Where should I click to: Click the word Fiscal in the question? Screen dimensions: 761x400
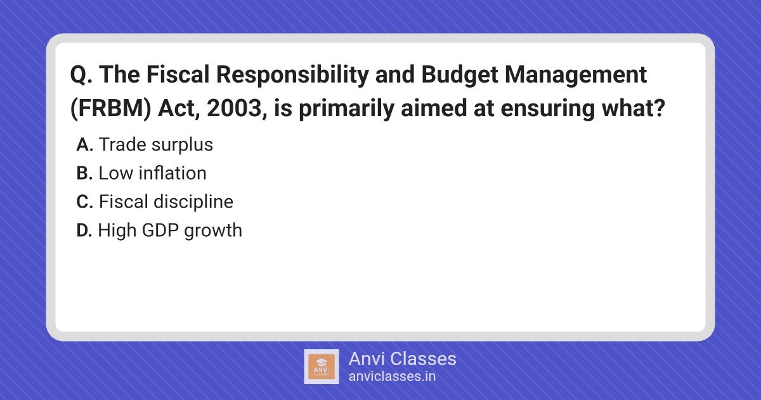[178, 74]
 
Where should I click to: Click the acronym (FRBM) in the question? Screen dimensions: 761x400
[110, 109]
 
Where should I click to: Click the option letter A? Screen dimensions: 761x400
[84, 145]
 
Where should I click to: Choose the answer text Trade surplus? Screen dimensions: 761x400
[156, 145]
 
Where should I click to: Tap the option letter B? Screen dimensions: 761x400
[84, 173]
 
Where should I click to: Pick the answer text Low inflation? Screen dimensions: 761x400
[153, 173]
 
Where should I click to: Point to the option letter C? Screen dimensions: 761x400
[84, 202]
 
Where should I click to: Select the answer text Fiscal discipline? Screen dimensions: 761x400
[166, 203]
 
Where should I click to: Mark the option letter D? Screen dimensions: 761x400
[84, 230]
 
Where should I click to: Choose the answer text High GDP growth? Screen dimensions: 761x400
[170, 231]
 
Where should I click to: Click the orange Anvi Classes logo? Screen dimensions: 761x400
[322, 367]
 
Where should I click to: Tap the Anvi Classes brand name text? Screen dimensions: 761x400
[402, 359]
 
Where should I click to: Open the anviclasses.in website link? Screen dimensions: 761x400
[392, 377]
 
